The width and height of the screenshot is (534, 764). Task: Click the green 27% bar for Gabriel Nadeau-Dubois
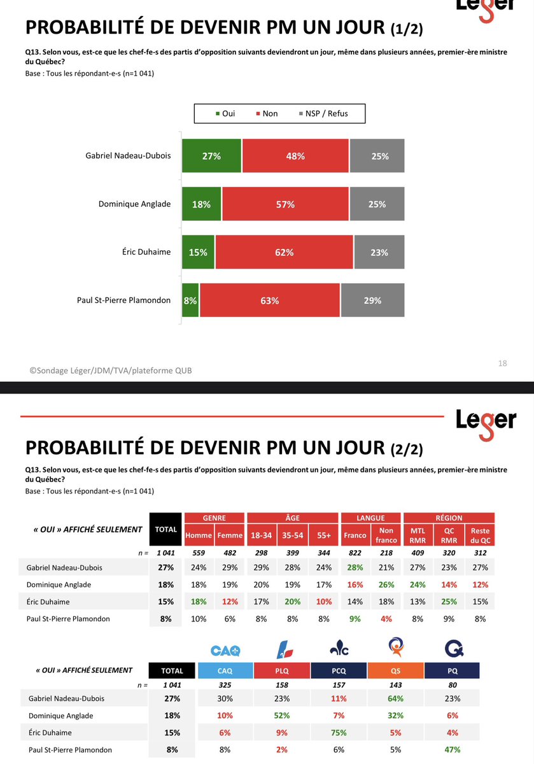pyautogui.click(x=211, y=156)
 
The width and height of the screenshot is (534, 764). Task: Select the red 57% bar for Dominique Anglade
pyautogui.click(x=285, y=204)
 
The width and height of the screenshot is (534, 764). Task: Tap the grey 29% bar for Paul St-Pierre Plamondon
pyautogui.click(x=372, y=301)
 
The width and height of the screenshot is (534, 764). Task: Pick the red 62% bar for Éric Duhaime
pyautogui.click(x=284, y=252)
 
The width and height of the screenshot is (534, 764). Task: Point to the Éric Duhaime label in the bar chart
pyautogui.click(x=146, y=252)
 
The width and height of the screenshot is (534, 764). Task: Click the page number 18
pyautogui.click(x=502, y=363)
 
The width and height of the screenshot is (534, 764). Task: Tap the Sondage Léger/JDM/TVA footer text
pyautogui.click(x=110, y=371)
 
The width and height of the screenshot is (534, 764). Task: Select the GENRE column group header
pyautogui.click(x=214, y=518)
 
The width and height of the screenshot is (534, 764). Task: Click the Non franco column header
pyautogui.click(x=386, y=535)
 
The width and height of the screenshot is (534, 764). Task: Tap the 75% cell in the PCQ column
pyautogui.click(x=339, y=732)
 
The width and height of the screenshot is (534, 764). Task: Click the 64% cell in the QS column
pyautogui.click(x=395, y=698)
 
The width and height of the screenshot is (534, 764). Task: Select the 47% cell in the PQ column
pyautogui.click(x=451, y=749)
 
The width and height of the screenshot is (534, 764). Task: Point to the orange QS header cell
pyautogui.click(x=395, y=670)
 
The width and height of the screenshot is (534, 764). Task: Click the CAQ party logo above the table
pyautogui.click(x=225, y=650)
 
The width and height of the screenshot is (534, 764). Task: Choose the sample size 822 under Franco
pyautogui.click(x=355, y=553)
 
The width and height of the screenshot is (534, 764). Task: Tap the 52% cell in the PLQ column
pyautogui.click(x=282, y=715)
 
